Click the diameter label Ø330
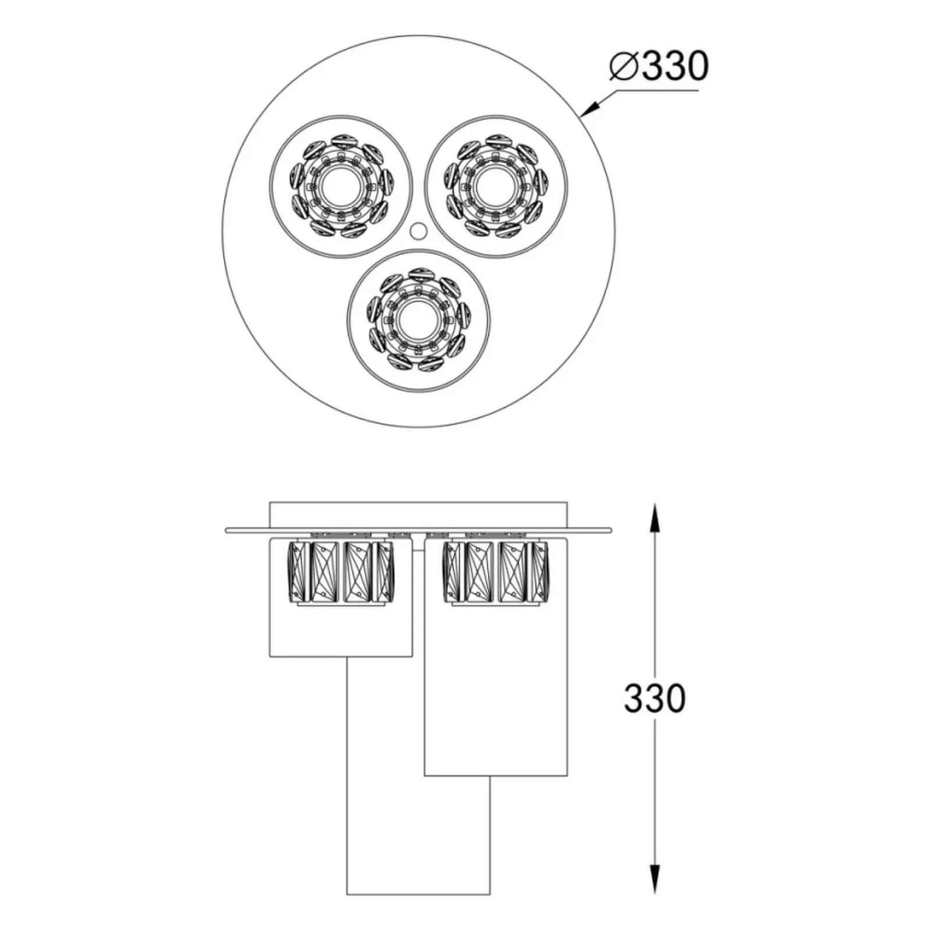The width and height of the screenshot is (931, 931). [x=659, y=66]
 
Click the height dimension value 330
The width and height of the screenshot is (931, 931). [x=655, y=698]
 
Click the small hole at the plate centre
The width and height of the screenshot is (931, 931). [x=417, y=231]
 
